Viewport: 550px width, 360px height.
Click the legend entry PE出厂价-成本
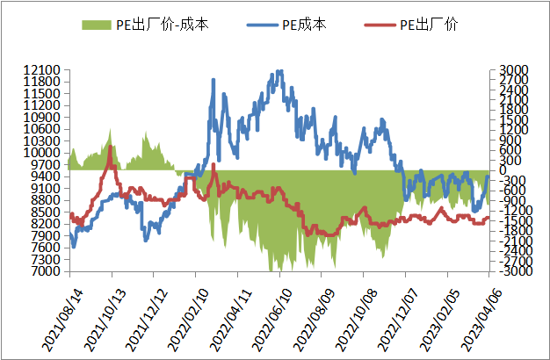156,25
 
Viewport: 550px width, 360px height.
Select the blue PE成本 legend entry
304,25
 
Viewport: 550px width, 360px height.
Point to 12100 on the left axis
42,69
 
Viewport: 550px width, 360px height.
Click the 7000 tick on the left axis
46,271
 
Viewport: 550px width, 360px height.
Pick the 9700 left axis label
46,164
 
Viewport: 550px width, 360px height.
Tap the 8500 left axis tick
46,212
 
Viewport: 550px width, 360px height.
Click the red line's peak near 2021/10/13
109,147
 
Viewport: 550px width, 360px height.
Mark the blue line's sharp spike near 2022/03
213,80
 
